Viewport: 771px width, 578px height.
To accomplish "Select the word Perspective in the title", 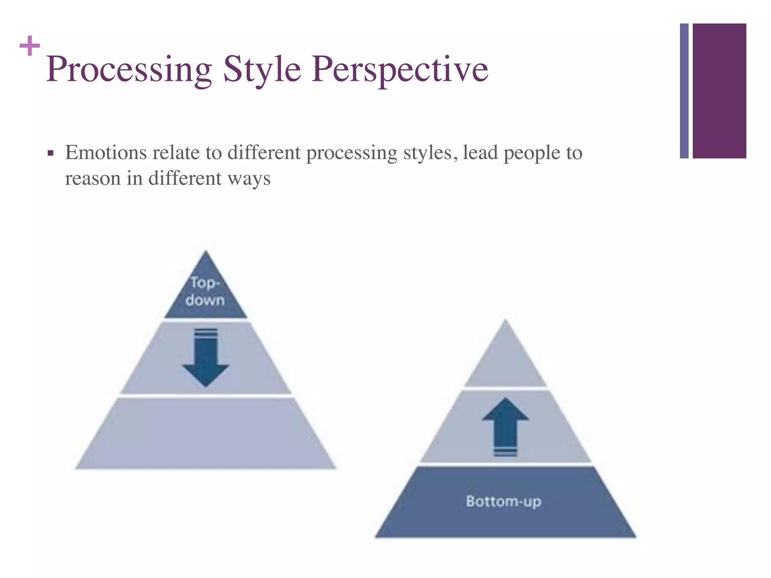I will pos(399,69).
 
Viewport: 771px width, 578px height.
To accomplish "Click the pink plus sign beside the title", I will pos(29,46).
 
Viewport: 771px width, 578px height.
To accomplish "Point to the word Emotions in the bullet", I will pos(106,153).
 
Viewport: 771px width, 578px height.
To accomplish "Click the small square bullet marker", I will pos(50,154).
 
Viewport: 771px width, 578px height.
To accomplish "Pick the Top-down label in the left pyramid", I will pos(205,291).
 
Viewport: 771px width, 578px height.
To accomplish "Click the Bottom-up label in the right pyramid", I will pos(503,501).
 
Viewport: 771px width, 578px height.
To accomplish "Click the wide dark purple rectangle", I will pos(719,91).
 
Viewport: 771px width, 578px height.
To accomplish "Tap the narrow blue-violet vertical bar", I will pos(684,91).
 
